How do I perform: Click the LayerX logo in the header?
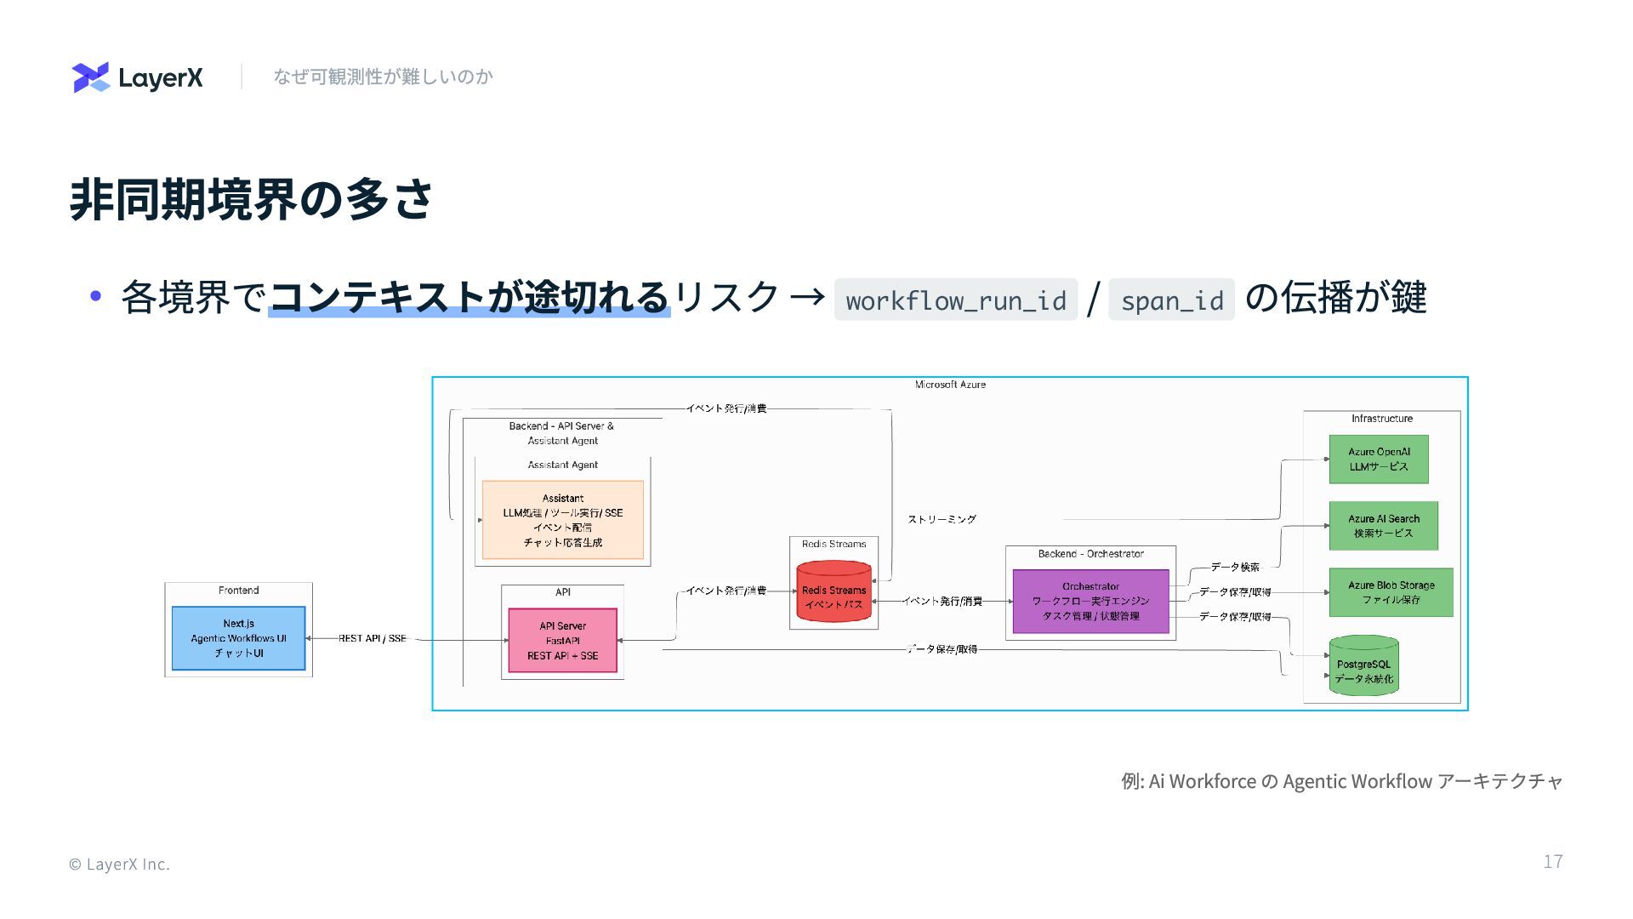(x=137, y=77)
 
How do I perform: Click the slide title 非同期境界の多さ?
(x=251, y=200)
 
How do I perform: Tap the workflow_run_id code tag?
(x=955, y=300)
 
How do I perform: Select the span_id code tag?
(x=1171, y=300)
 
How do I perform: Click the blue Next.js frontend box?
(x=238, y=638)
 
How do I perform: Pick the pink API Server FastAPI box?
(x=562, y=641)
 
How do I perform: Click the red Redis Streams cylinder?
(x=834, y=591)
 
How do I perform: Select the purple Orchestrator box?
(x=1090, y=602)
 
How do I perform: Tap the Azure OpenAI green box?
(x=1378, y=459)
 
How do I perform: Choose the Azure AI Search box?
(x=1383, y=526)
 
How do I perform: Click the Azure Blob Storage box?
(x=1391, y=592)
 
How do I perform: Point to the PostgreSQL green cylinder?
(x=1363, y=666)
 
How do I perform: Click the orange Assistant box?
(x=562, y=520)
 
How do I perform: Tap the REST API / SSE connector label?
(x=373, y=638)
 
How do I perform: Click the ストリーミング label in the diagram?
(x=942, y=519)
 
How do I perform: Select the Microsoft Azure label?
(x=950, y=385)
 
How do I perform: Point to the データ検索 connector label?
(x=1235, y=567)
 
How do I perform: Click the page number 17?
(x=1552, y=862)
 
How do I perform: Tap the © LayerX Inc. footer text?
(x=119, y=865)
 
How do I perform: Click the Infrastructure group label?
(x=1381, y=419)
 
